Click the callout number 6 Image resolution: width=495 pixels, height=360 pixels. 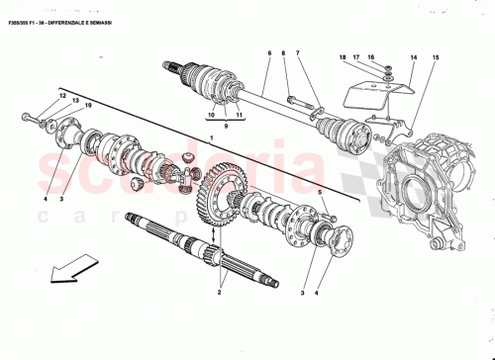267,52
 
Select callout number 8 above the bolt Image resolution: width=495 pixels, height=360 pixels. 282,52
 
